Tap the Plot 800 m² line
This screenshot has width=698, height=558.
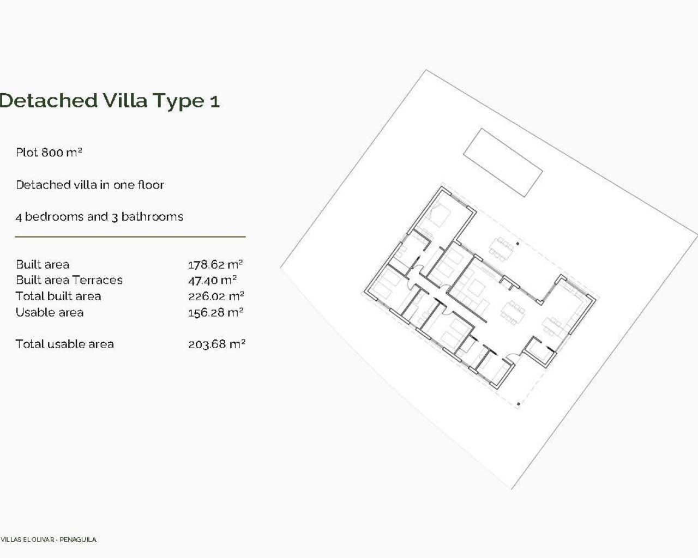pos(49,153)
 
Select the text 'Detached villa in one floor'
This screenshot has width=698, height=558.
pos(90,185)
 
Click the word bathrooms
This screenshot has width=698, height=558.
pos(152,217)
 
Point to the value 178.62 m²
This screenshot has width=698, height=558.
pos(215,265)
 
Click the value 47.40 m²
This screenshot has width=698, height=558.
pos(212,281)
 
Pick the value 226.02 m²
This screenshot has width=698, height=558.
pos(216,296)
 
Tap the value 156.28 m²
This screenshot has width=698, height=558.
pos(215,312)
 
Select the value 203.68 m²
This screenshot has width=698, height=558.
pos(216,344)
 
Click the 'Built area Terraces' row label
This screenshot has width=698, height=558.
pos(69,280)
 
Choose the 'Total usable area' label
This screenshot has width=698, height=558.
pos(65,344)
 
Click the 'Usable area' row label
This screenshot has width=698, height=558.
pos(50,312)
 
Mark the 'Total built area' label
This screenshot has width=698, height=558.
pos(58,296)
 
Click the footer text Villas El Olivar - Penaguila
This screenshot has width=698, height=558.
pos(49,539)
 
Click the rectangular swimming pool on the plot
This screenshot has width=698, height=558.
pos(503,162)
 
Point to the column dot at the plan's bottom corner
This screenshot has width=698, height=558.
pos(518,404)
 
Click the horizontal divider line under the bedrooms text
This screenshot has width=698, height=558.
pos(130,237)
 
